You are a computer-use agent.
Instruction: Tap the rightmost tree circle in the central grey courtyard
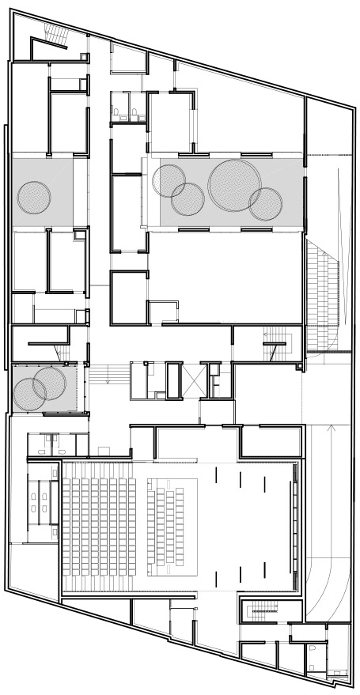[x=265, y=204]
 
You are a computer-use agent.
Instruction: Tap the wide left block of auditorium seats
[x=100, y=526]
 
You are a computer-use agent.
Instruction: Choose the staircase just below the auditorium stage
[x=261, y=610]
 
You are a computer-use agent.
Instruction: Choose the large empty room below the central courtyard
[x=225, y=277]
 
